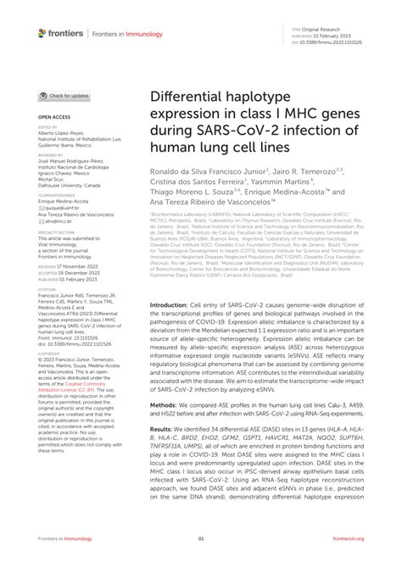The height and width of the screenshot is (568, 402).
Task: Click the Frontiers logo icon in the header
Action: click(42, 33)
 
